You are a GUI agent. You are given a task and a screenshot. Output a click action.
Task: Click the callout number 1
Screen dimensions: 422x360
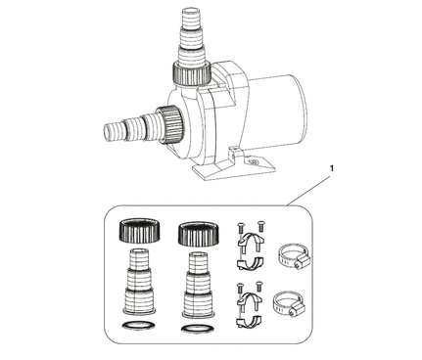332,168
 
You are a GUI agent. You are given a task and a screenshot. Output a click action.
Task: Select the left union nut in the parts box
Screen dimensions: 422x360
140,231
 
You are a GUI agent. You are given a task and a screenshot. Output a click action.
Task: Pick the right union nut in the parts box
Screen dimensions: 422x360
199,234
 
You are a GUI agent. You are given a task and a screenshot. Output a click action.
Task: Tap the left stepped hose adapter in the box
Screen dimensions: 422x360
139,282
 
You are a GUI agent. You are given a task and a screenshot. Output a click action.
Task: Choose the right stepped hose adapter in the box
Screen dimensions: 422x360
199,285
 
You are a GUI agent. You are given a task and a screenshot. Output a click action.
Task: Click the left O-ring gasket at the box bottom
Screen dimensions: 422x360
138,326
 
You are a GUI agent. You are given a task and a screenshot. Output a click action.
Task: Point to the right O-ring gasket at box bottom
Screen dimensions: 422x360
198,329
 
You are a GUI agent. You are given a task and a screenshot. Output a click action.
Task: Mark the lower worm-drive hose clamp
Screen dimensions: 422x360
289,303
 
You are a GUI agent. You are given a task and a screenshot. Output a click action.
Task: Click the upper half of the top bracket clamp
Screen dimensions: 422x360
250,240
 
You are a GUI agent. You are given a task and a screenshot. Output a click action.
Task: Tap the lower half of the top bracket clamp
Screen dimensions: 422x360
250,263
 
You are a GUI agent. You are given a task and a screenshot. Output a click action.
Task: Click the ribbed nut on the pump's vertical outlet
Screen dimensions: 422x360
192,73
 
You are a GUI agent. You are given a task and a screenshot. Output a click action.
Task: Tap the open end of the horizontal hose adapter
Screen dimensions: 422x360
107,133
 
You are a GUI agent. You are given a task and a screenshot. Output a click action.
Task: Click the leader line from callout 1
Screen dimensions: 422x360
308,191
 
